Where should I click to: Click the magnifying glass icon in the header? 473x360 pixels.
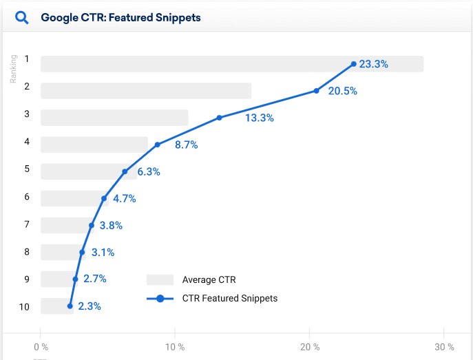(x=21, y=17)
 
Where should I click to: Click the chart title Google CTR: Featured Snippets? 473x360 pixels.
(x=120, y=17)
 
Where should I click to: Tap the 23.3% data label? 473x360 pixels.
(x=374, y=64)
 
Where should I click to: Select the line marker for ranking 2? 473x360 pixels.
(x=317, y=91)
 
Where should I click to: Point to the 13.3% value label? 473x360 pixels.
(x=260, y=118)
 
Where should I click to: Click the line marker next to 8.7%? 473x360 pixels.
(x=158, y=145)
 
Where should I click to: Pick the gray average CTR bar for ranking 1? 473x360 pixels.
(x=232, y=64)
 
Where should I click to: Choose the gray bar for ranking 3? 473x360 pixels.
(x=114, y=118)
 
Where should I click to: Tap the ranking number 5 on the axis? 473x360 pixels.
(x=27, y=169)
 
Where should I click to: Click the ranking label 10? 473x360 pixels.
(x=25, y=306)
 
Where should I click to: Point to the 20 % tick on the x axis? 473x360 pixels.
(x=310, y=347)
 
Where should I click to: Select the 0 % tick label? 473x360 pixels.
(x=41, y=347)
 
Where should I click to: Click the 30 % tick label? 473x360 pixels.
(x=444, y=347)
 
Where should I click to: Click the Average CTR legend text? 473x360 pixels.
(x=209, y=279)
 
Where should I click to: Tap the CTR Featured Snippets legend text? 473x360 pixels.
(x=229, y=298)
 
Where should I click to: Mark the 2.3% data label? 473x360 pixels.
(x=90, y=306)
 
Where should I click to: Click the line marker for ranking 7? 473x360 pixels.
(x=92, y=225)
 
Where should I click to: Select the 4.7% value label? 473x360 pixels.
(x=125, y=199)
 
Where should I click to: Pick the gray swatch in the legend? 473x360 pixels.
(x=160, y=279)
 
